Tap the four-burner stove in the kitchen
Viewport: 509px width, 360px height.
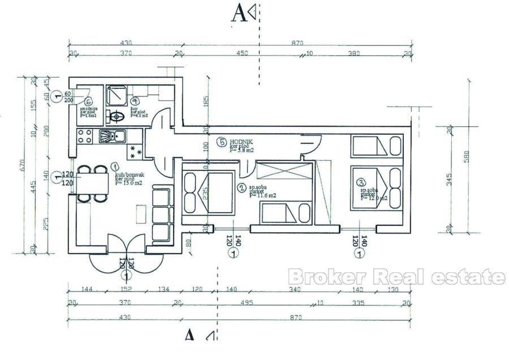point(85,136)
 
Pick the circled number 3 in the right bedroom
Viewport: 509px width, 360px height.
point(360,182)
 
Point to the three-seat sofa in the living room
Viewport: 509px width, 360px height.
point(162,214)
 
